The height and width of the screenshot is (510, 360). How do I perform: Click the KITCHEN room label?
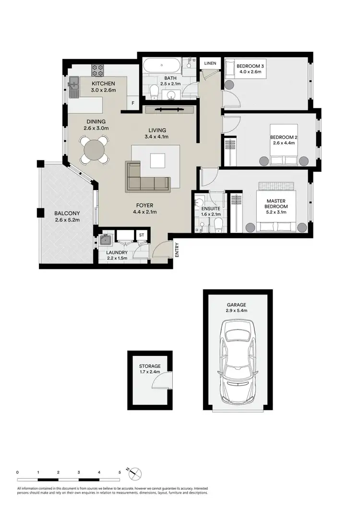(x=104, y=84)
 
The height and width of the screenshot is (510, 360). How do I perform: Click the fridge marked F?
(x=133, y=102)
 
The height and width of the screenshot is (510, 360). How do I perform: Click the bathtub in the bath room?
(x=161, y=65)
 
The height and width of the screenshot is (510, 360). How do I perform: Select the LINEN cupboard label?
(x=210, y=63)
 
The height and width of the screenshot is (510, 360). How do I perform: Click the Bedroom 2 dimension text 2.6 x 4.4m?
(x=284, y=143)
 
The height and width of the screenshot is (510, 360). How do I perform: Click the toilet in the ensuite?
(x=217, y=223)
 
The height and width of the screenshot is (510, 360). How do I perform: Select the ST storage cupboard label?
(x=142, y=235)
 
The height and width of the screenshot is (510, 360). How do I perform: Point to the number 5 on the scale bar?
(x=119, y=473)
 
